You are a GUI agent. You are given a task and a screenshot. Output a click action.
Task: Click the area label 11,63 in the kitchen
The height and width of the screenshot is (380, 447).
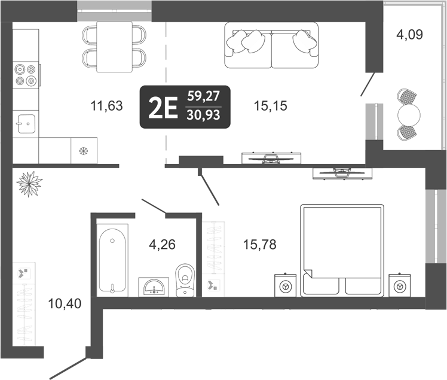tap(106, 107)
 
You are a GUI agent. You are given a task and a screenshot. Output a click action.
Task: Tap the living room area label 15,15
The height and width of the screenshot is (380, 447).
tap(271, 107)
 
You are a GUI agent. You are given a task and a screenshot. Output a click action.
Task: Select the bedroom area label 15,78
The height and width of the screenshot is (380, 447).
tap(259, 244)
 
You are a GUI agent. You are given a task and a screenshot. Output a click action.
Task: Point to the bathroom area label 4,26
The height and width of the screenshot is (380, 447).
tap(162, 244)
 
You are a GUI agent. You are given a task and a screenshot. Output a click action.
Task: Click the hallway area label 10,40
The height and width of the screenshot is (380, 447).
tap(63, 303)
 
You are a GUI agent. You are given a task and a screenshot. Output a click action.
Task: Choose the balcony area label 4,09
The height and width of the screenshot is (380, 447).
tap(409, 35)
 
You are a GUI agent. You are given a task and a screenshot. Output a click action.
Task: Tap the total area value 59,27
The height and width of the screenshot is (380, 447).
tap(203, 96)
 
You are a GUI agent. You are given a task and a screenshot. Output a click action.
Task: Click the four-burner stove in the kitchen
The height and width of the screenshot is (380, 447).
tap(26, 75)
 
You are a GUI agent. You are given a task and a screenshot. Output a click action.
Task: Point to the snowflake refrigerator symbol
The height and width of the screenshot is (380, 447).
tap(83, 151)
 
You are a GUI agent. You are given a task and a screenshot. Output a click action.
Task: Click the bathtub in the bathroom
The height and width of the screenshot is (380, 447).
tap(112, 260)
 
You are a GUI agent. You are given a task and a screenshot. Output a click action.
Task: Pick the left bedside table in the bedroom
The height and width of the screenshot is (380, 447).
tap(286, 286)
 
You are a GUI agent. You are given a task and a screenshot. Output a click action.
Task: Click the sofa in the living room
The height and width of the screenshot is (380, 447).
tap(271, 45)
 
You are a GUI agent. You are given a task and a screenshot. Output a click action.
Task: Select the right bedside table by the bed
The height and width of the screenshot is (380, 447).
tap(399, 286)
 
